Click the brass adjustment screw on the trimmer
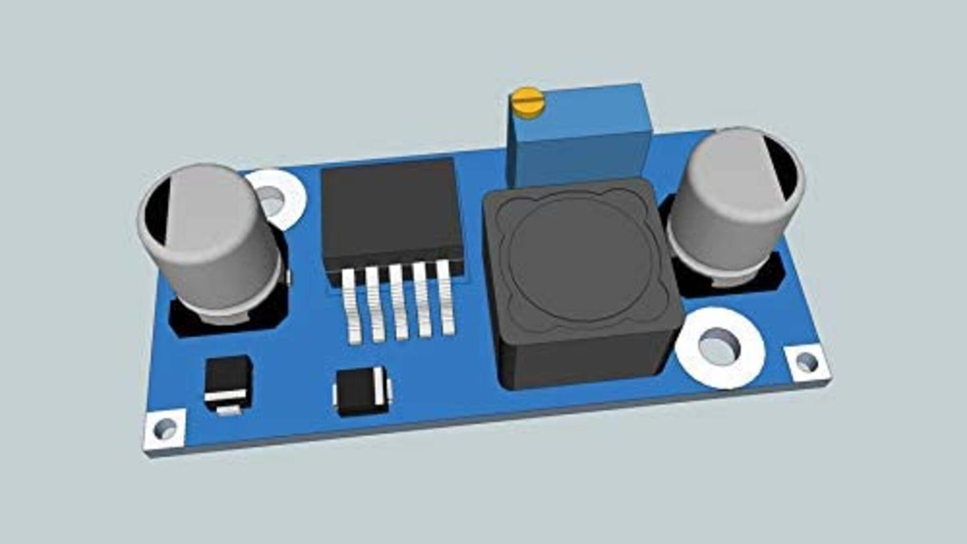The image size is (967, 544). [527, 103]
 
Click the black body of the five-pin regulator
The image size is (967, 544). [392, 211]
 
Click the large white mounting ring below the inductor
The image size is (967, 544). [720, 347]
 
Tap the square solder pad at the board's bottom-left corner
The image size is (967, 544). [165, 428]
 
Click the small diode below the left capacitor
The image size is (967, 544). [228, 384]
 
